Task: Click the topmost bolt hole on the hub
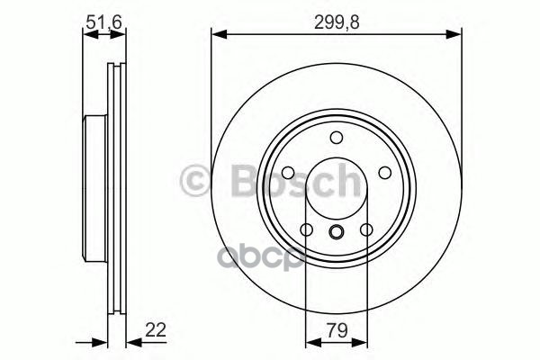coord(336,138)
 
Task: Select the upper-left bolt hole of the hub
coord(288,173)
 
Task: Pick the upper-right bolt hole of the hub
coord(382,173)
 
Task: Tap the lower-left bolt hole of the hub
coord(306,229)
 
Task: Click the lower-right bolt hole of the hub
coord(365,229)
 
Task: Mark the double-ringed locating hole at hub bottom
coord(336,234)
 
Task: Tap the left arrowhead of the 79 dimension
coord(310,342)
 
